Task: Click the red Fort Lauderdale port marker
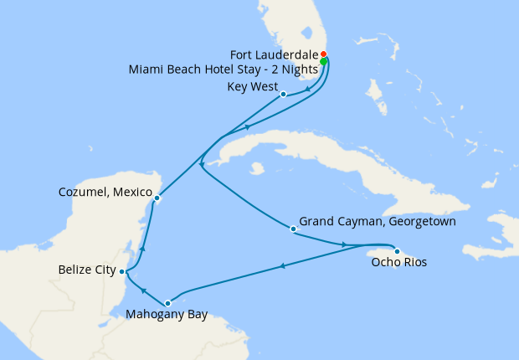pyautogui.click(x=324, y=56)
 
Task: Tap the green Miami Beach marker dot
pyautogui.click(x=323, y=61)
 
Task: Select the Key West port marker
pyautogui.click(x=284, y=94)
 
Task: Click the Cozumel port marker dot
pyautogui.click(x=157, y=198)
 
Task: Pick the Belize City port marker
pyautogui.click(x=122, y=271)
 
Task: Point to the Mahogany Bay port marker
pyautogui.click(x=168, y=303)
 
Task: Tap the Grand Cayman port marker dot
pyautogui.click(x=292, y=229)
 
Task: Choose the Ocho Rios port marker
pyautogui.click(x=397, y=250)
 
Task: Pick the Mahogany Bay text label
pyautogui.click(x=165, y=316)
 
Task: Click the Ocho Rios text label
pyautogui.click(x=398, y=263)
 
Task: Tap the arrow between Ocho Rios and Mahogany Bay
pyautogui.click(x=283, y=267)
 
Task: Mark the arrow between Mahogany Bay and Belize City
pyautogui.click(x=142, y=290)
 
